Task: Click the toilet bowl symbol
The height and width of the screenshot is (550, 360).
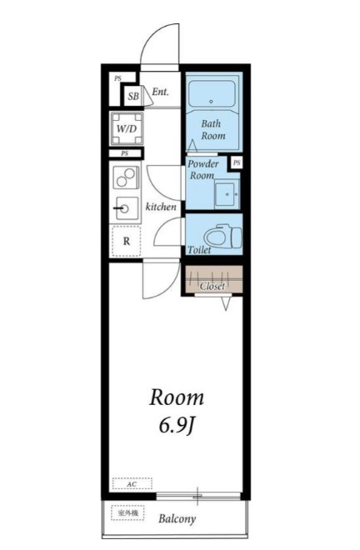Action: point(223,235)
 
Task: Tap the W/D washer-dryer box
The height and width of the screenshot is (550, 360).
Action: point(127,128)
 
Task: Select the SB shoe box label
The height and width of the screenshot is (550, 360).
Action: point(133,96)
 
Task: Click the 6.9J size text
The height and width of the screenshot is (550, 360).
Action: point(177,426)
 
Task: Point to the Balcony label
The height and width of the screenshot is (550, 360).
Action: point(177,518)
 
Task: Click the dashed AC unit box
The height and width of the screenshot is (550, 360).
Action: point(132,483)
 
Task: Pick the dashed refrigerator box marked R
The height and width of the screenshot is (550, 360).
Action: point(127,241)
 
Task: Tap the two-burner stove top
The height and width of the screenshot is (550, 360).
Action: point(126,177)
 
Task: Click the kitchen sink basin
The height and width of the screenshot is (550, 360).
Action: point(127,208)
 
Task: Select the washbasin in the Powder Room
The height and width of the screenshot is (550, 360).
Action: point(227,194)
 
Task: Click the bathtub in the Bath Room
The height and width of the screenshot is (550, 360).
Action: point(212,94)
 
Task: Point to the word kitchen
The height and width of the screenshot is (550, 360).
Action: point(161,207)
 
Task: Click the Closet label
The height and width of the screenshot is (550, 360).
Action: point(212,286)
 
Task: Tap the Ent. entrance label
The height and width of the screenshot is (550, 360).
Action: point(160,92)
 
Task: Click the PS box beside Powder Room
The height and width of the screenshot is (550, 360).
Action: point(237,162)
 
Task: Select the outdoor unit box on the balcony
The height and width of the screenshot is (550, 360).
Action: point(127,512)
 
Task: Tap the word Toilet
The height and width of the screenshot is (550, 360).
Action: point(199,250)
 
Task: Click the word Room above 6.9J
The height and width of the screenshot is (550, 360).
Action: point(177,397)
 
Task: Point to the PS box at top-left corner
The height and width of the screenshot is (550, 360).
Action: point(117,78)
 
